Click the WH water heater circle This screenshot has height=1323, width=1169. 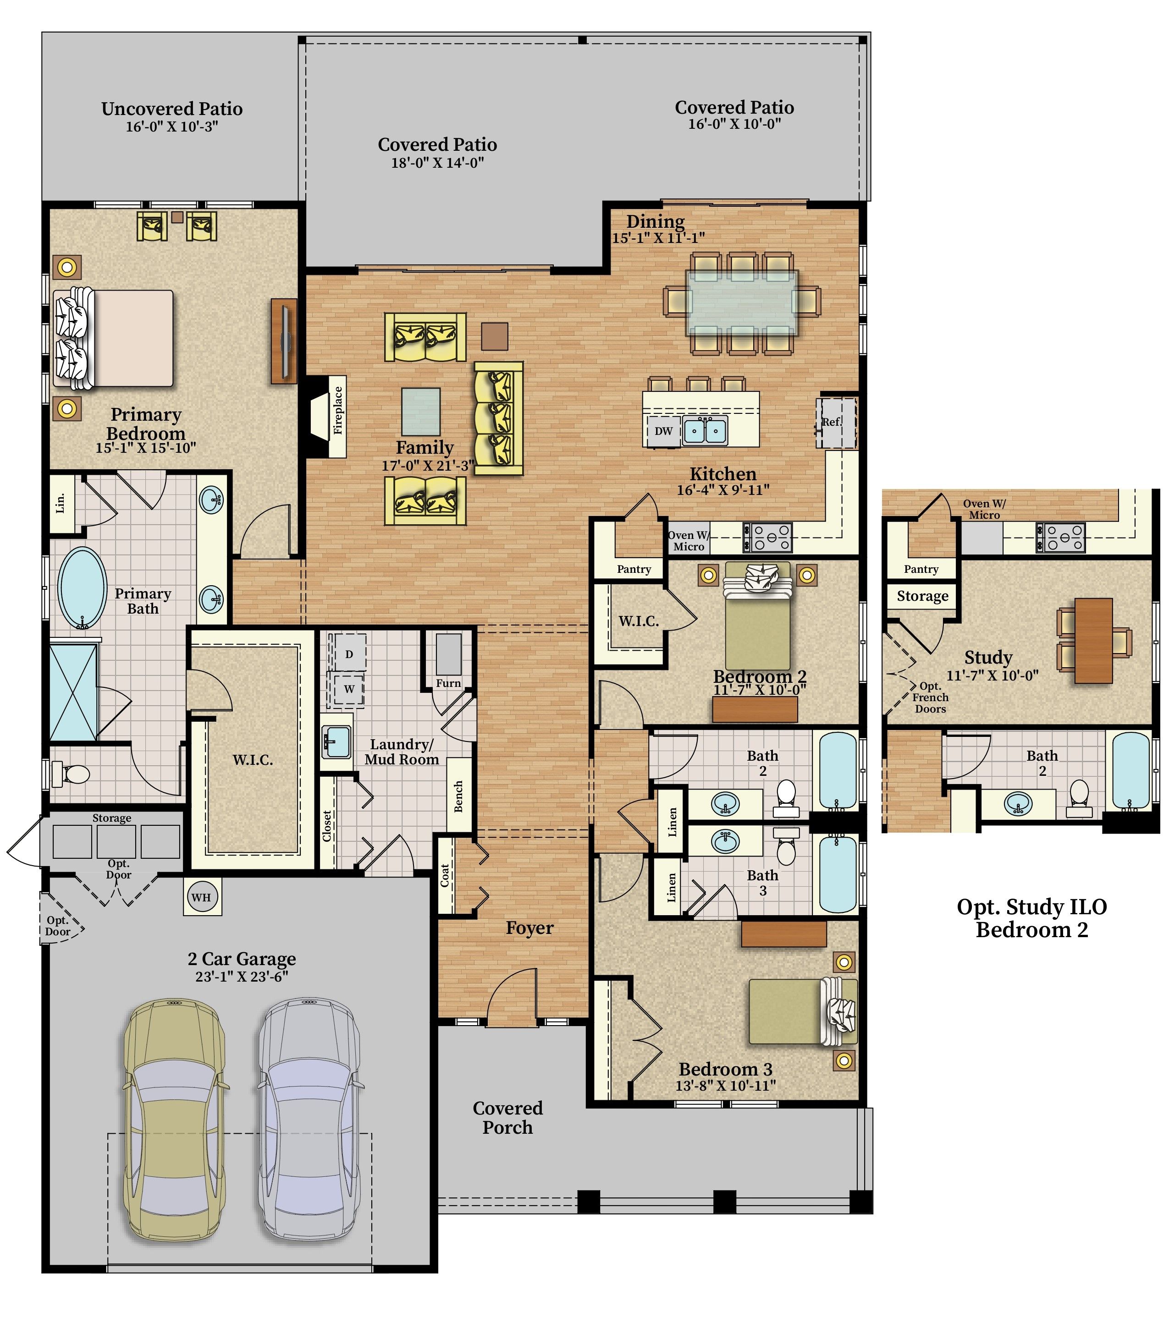201,897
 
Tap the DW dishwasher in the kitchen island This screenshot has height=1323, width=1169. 663,431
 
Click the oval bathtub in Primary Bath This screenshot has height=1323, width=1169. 82,587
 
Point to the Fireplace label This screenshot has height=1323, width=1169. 337,410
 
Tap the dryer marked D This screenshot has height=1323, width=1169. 348,654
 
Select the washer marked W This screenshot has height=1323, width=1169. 348,689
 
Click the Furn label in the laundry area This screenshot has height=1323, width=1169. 448,683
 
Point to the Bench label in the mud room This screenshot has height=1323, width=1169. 458,796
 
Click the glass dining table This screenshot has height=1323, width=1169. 742,303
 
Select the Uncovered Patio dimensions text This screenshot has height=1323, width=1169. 171,126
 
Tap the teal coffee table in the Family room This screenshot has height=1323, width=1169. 421,412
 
